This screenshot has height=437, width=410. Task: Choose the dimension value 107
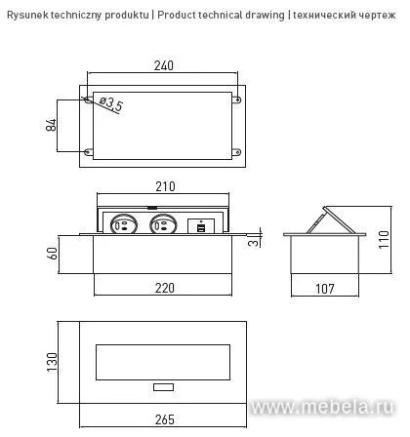[325, 289]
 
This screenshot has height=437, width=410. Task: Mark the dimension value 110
[383, 238]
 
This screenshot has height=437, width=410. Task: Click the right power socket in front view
[163, 224]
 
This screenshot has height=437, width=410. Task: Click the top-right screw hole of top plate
[234, 98]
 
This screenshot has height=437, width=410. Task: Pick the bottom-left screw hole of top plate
[90, 150]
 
